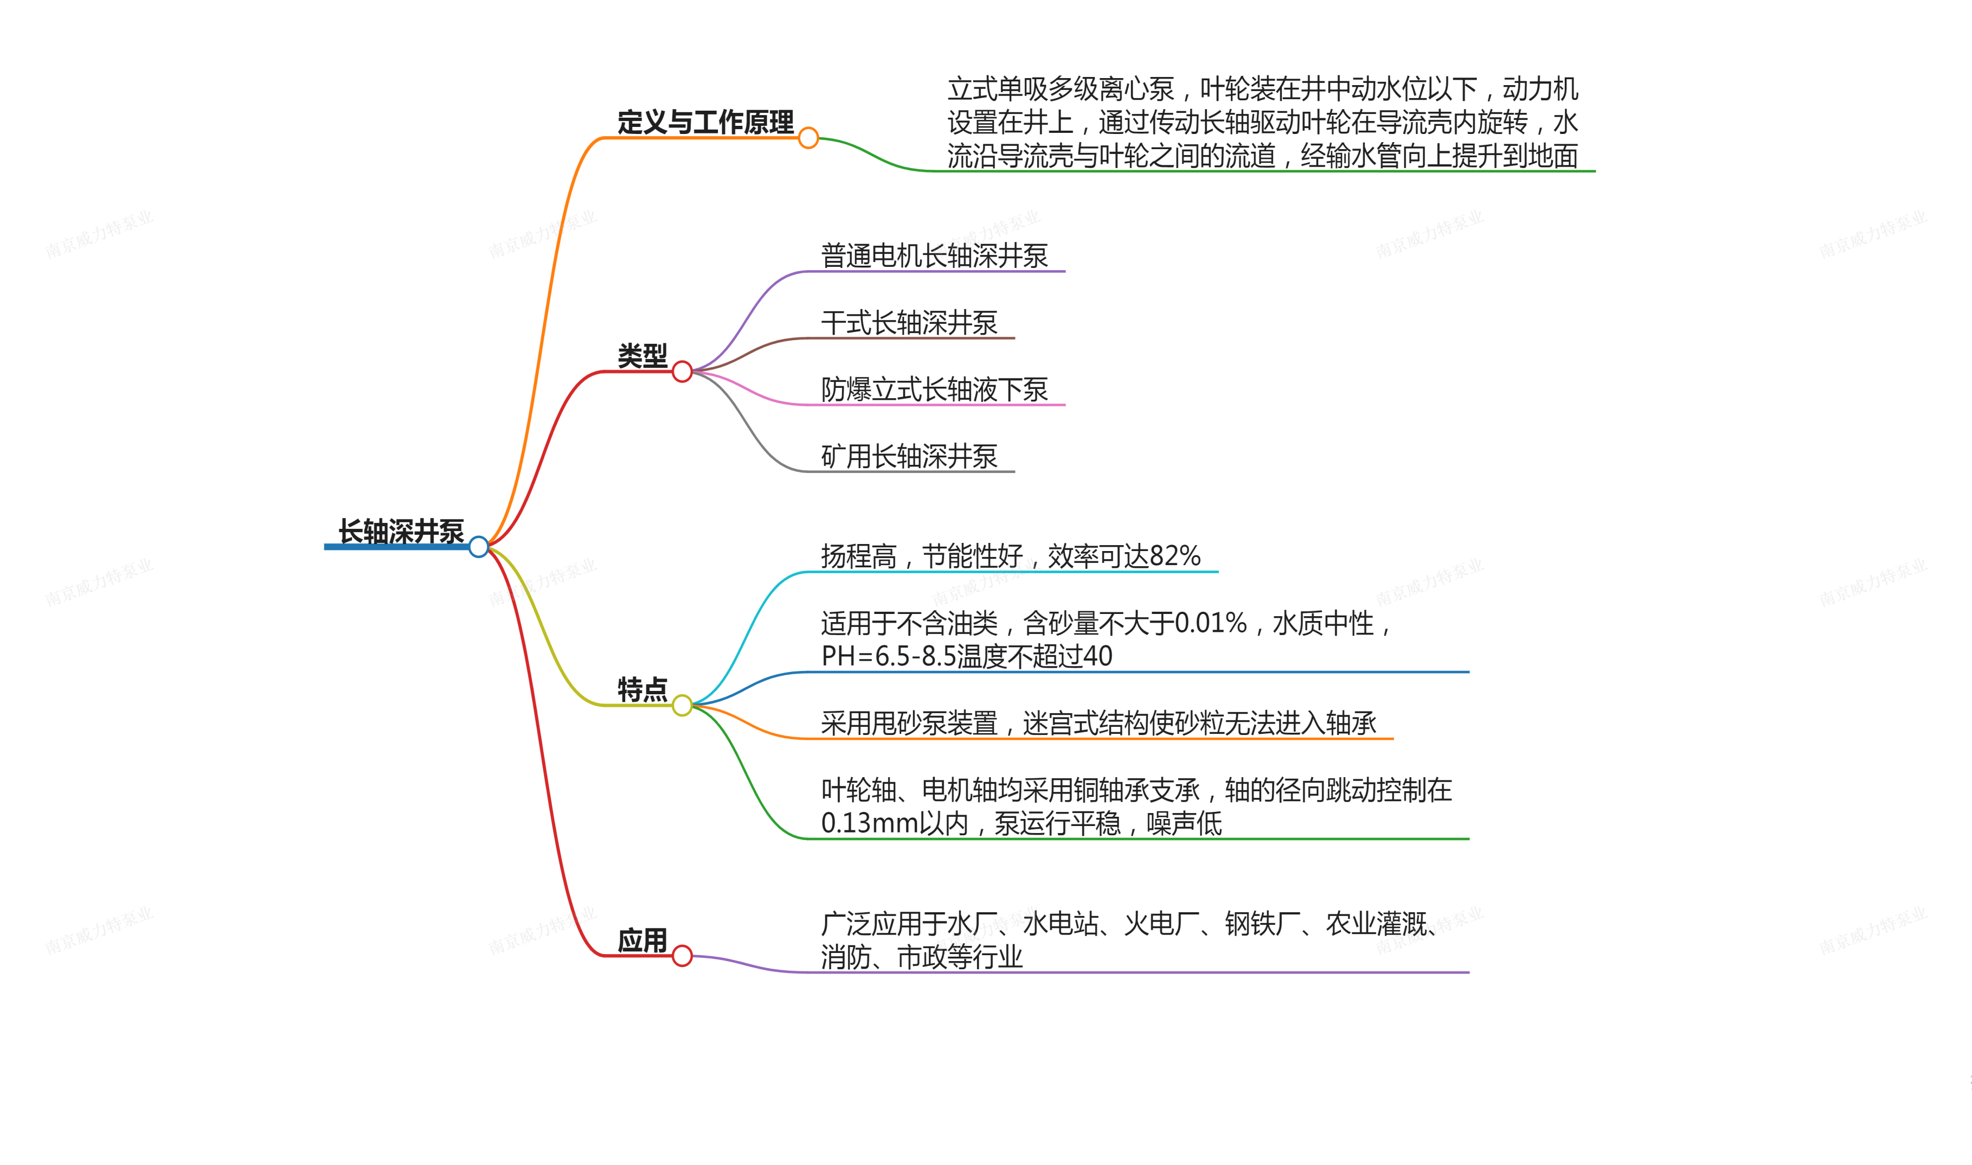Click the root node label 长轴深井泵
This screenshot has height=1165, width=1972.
coord(401,532)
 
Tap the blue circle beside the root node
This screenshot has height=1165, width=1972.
coord(479,547)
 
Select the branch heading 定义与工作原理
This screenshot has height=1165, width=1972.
coord(705,123)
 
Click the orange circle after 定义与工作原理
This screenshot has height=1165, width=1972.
coord(808,138)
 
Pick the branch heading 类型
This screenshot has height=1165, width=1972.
coord(642,356)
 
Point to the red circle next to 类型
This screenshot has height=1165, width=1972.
coord(682,372)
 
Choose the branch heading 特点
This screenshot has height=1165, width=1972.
coord(642,690)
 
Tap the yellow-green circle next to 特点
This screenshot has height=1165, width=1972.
coord(682,706)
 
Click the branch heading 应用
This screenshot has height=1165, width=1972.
coord(642,940)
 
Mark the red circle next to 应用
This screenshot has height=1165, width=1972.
coord(682,956)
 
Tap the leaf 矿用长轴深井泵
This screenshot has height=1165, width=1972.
coord(909,456)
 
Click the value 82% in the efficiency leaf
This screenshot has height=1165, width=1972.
coord(1175,556)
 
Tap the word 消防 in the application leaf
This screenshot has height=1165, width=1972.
coord(846,957)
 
